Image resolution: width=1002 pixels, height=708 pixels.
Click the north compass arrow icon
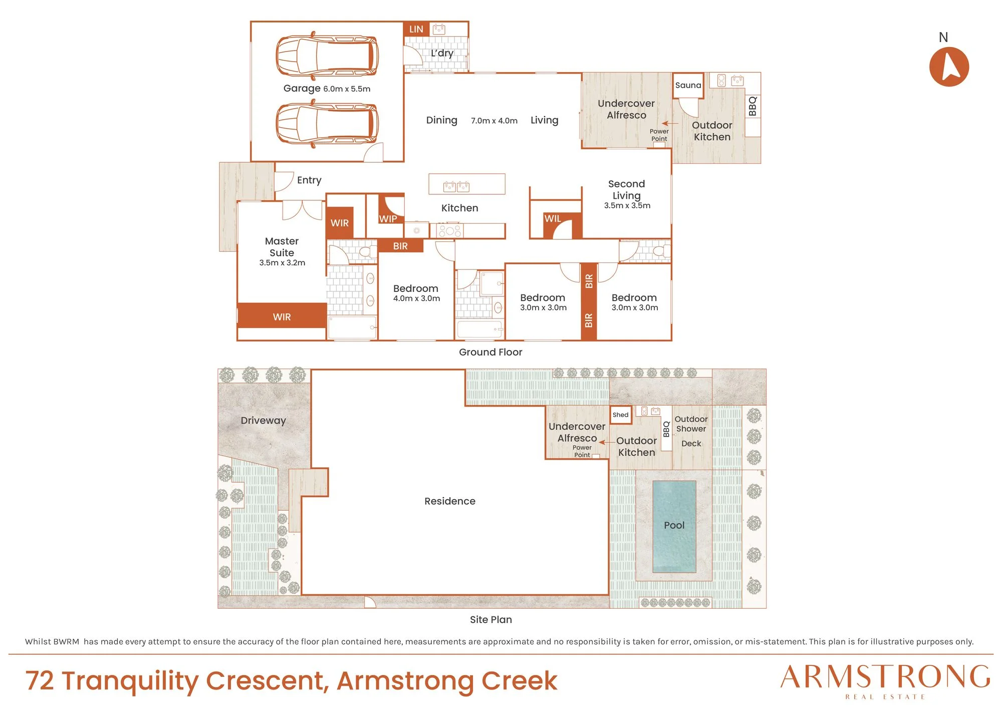949,67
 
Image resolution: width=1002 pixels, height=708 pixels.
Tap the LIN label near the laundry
416,29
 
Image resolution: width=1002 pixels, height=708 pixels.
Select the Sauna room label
688,85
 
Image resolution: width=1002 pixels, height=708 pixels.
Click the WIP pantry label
388,219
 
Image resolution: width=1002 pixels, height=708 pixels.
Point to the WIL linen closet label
553,218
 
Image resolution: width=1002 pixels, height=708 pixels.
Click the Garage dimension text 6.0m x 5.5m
347,89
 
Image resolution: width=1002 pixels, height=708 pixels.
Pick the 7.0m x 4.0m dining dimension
494,121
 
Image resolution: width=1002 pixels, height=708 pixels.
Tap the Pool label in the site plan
674,525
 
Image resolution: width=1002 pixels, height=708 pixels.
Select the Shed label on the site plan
620,415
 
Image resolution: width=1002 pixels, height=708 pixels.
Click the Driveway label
263,421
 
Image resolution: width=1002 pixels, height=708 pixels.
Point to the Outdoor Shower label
691,424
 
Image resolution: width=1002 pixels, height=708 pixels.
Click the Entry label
309,180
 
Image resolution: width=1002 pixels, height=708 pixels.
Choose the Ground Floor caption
490,352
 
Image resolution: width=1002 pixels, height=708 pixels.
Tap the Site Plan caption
491,619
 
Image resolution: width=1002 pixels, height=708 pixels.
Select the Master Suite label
282,247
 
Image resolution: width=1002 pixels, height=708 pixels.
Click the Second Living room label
626,190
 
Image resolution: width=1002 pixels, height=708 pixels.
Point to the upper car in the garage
327,56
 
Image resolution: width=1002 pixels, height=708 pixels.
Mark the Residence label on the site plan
450,501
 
